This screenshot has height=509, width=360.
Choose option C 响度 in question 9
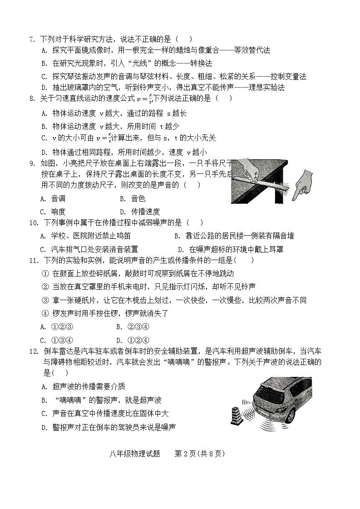[x=53, y=212]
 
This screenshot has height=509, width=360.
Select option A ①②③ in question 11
[x=57, y=326]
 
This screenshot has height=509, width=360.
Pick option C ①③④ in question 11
[x=57, y=340]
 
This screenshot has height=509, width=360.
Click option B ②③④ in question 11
[x=133, y=326]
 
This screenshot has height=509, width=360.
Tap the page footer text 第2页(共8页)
[x=200, y=454]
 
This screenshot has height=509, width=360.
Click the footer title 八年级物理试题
[x=134, y=454]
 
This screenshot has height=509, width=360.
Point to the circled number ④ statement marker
[x=45, y=313]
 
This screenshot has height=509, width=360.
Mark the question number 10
[x=33, y=222]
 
